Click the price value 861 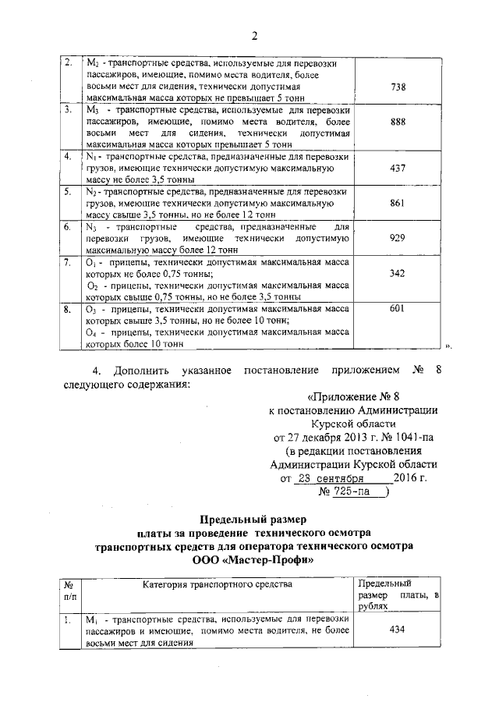pos(397,201)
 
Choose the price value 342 pos(397,274)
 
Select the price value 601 pos(397,309)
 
